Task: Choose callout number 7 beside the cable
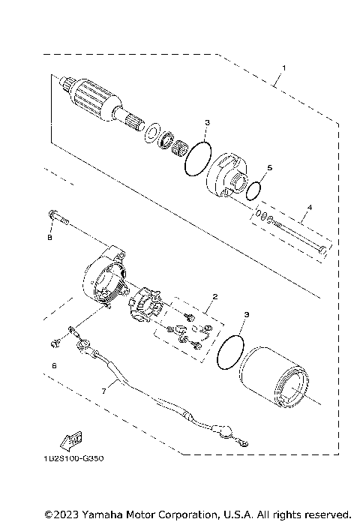[x=104, y=391]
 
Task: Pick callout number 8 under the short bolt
[x=50, y=238]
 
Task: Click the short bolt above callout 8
[x=55, y=216]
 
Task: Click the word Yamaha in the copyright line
[x=100, y=514]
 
